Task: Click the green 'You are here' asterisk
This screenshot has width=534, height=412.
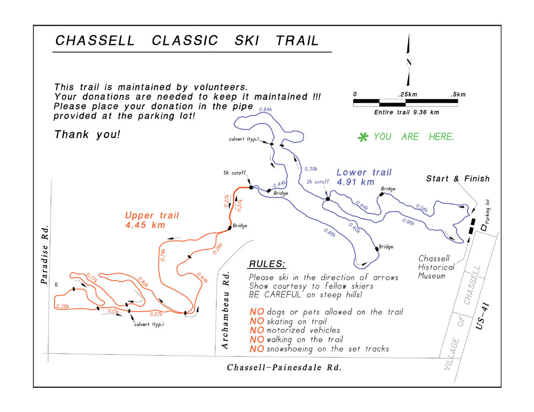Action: click(363, 138)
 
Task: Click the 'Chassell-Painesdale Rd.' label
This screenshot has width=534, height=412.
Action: click(284, 368)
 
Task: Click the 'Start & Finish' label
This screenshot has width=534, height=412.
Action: click(458, 178)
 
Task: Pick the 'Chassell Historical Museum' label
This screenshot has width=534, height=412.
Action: click(436, 267)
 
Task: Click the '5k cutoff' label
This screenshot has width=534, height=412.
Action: click(235, 173)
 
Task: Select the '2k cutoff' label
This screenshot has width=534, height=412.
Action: click(318, 182)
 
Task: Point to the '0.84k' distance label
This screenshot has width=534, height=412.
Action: click(265, 110)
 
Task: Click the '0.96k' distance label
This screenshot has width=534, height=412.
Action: click(408, 222)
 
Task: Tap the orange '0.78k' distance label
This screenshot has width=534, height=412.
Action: click(163, 255)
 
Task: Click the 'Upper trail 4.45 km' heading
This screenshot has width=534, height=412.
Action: click(152, 220)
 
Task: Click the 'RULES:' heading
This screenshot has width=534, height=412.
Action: click(268, 264)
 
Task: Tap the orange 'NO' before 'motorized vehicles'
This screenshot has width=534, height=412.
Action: click(257, 330)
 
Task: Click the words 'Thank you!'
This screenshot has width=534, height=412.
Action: click(87, 134)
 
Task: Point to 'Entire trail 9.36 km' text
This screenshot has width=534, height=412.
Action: click(407, 112)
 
